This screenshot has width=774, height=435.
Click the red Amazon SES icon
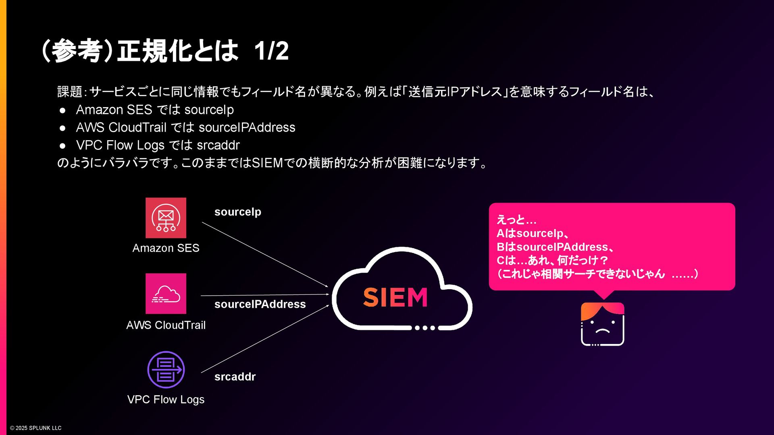coord(166,218)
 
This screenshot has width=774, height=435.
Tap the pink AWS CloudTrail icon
coord(166,294)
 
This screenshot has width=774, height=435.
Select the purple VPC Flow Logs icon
coord(166,370)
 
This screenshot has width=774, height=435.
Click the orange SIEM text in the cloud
coord(395,298)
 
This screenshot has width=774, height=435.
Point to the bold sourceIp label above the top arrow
coord(237,212)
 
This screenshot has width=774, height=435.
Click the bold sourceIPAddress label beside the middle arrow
coord(260,304)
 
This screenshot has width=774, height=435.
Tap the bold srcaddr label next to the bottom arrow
coord(235,377)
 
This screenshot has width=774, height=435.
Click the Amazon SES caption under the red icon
coord(166,248)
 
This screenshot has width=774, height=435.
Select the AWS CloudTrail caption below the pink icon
coord(166,325)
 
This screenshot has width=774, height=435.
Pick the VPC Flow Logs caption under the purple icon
coord(166,400)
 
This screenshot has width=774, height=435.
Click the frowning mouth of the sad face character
coord(603,331)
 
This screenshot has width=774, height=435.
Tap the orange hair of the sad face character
coord(602,309)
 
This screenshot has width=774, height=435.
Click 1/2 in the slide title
coord(271,51)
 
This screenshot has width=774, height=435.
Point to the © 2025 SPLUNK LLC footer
coord(36,428)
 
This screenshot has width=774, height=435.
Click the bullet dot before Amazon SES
coord(62,110)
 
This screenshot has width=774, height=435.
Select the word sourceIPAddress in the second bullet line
coord(247,128)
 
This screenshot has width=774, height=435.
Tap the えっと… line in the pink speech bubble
coord(516,220)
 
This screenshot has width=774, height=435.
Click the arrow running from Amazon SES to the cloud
coord(265,255)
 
